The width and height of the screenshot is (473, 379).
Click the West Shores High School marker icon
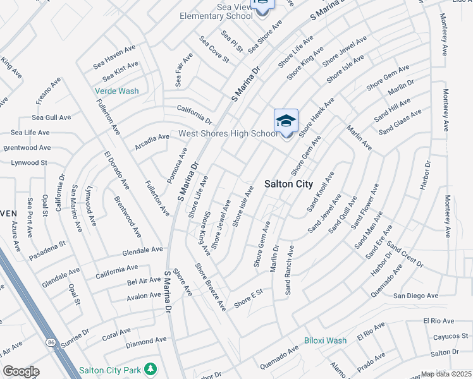[x=286, y=121]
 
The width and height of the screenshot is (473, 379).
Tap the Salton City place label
[x=288, y=184]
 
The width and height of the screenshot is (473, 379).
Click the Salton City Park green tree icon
[x=150, y=368]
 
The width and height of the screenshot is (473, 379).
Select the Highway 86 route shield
[x=51, y=342]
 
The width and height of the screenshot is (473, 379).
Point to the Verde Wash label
[x=116, y=91]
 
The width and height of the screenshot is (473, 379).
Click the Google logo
[x=20, y=371]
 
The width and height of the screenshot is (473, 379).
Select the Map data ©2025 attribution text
[x=446, y=374]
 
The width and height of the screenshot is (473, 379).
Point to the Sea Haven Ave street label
[x=114, y=56]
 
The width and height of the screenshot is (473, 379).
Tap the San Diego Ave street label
[x=415, y=296]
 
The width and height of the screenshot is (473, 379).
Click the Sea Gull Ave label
[x=51, y=117]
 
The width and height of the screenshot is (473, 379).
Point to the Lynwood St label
[x=29, y=162]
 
